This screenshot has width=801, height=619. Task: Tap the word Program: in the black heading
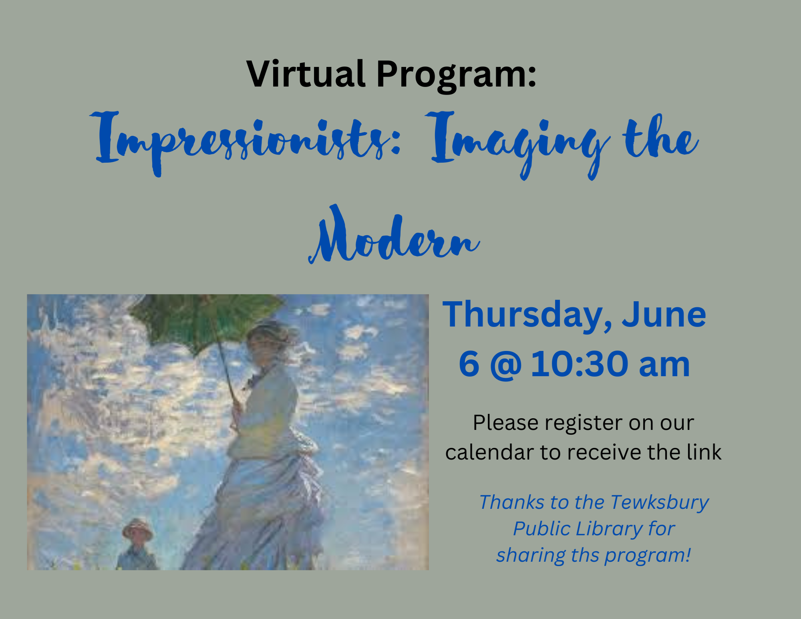pos(457,76)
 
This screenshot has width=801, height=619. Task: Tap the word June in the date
pos(664,315)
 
